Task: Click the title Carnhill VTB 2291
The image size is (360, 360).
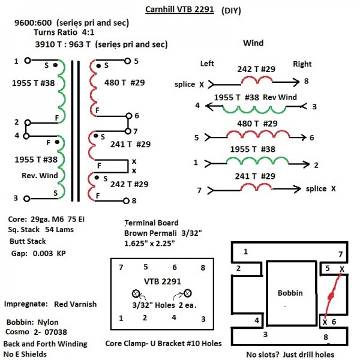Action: point(179,10)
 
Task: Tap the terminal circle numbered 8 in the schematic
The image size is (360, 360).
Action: point(125,200)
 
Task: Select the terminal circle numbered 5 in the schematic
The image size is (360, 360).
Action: point(127,61)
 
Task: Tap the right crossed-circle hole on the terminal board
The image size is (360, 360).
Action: point(187,294)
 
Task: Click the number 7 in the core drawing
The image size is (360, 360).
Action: point(340,254)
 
